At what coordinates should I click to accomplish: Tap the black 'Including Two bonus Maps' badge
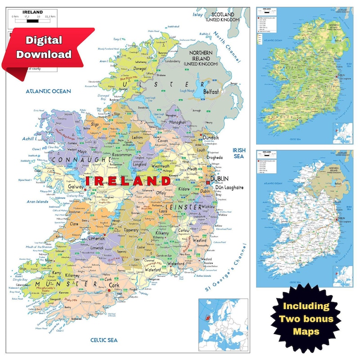(306, 319)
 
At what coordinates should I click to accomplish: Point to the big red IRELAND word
(128, 181)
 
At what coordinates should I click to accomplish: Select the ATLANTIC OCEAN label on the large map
(48, 91)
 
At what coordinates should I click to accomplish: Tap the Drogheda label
(215, 157)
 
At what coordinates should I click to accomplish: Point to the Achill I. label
(31, 139)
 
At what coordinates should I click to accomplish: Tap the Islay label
(198, 14)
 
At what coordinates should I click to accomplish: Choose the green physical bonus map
(305, 75)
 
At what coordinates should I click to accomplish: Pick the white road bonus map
(305, 219)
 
